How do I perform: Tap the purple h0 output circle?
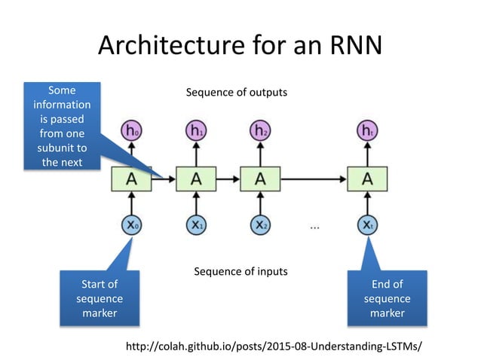132,131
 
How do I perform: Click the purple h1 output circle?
196,131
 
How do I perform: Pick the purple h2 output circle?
260,131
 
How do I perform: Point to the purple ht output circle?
367,131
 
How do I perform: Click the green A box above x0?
132,178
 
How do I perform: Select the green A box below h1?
196,178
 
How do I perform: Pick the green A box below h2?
260,178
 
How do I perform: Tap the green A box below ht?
367,178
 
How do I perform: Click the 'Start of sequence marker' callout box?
100,298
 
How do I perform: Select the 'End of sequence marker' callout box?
388,298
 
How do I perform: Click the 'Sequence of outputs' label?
237,93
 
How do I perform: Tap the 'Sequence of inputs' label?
240,271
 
